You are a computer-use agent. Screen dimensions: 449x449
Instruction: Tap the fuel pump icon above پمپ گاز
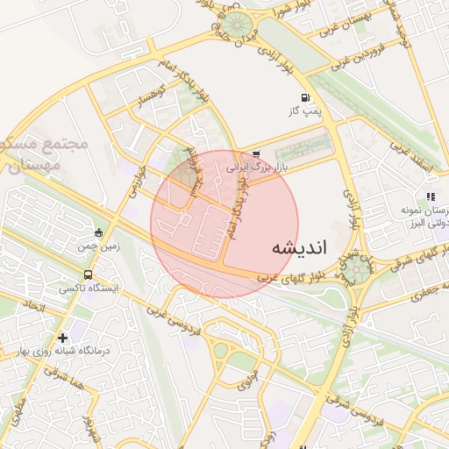(304, 97)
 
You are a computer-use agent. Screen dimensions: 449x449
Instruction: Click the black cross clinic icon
(62, 338)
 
